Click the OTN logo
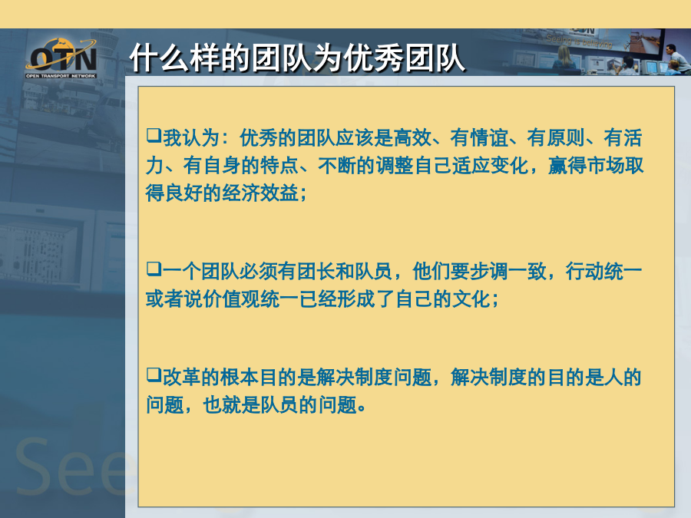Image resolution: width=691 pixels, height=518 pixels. coord(61,58)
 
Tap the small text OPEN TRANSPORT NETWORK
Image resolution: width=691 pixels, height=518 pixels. coord(61,76)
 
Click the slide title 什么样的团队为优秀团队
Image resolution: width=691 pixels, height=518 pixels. coord(297,58)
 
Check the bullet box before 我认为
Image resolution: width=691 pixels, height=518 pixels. coord(154,135)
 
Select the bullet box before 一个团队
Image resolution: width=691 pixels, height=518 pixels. coord(154,268)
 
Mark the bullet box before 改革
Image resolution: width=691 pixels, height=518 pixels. coord(154,374)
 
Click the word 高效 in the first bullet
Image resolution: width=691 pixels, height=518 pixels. coord(412,138)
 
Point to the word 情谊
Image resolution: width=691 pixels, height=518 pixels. coord(489,138)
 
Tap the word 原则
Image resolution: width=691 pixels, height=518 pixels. coord(565,138)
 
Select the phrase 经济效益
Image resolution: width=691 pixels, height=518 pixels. coord(260,193)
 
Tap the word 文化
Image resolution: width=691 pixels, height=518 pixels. coord(471,299)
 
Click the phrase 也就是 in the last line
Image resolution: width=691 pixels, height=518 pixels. coord(231,404)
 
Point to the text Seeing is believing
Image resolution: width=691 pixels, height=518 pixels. coord(579,41)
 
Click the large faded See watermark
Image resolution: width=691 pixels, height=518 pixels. coord(71,467)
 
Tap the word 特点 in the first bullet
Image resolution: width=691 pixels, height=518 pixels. coord(279,166)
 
